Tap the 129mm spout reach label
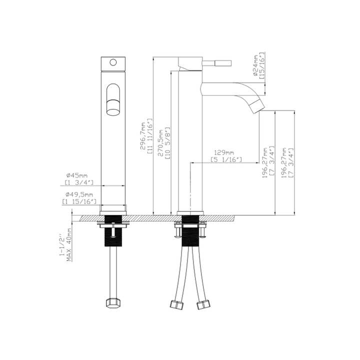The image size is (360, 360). pyautogui.click(x=223, y=152)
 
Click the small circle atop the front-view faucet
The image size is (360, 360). pyautogui.click(x=113, y=63)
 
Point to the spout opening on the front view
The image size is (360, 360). pyautogui.click(x=114, y=99)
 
